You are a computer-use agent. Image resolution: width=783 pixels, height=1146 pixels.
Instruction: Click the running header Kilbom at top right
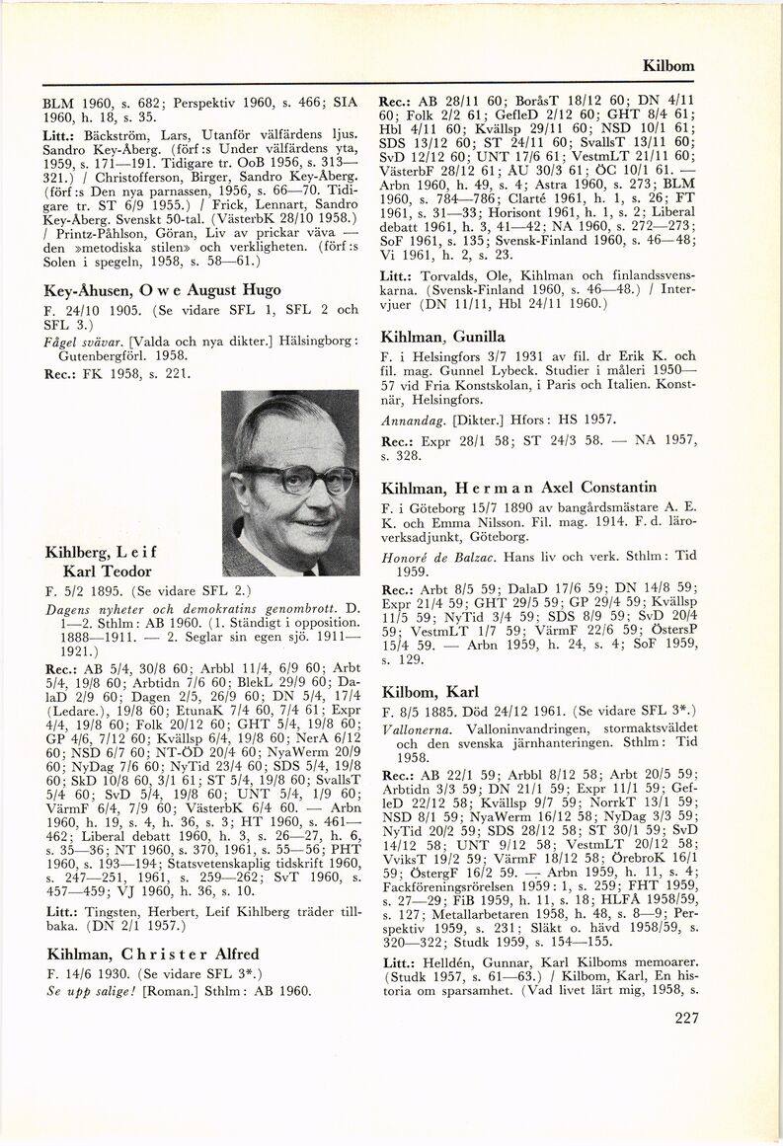(668, 67)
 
